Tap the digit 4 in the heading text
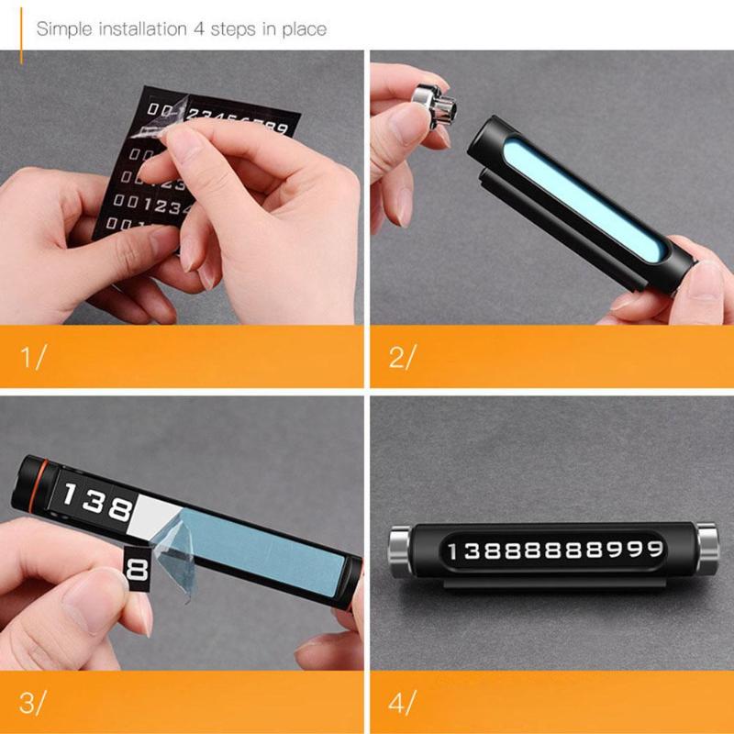(198, 28)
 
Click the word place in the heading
(304, 28)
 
